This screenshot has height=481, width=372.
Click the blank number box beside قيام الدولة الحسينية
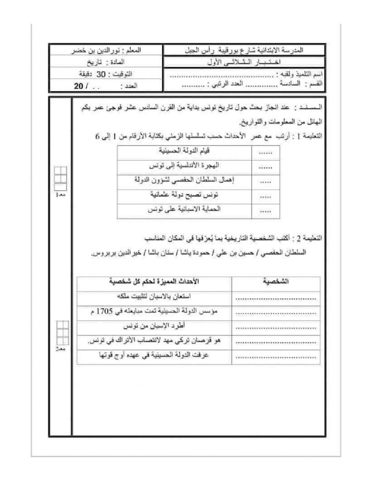266,152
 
